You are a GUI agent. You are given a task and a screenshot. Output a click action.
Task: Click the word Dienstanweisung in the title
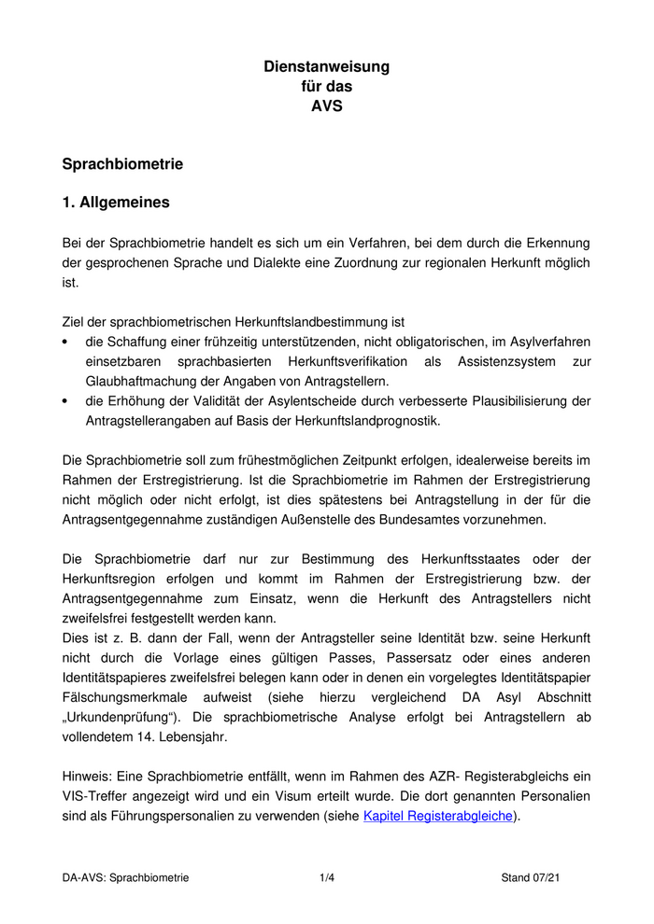pos(326,66)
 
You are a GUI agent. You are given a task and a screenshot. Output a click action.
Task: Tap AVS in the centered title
pos(326,105)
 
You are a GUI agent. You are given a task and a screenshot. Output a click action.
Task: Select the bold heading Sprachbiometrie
pos(122,164)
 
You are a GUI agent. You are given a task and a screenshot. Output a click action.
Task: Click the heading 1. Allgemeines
pos(116,202)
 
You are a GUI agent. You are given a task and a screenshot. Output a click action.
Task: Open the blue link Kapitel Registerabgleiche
pos(437,816)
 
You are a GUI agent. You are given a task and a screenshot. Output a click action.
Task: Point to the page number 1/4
pos(326,877)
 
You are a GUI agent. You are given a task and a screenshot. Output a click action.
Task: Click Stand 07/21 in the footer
pos(531,877)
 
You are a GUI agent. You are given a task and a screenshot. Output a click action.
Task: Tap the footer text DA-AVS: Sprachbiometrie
pos(125,877)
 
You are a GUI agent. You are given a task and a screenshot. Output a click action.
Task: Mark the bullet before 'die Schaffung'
pos(65,343)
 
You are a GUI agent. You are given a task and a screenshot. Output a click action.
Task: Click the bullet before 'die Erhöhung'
pos(65,401)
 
